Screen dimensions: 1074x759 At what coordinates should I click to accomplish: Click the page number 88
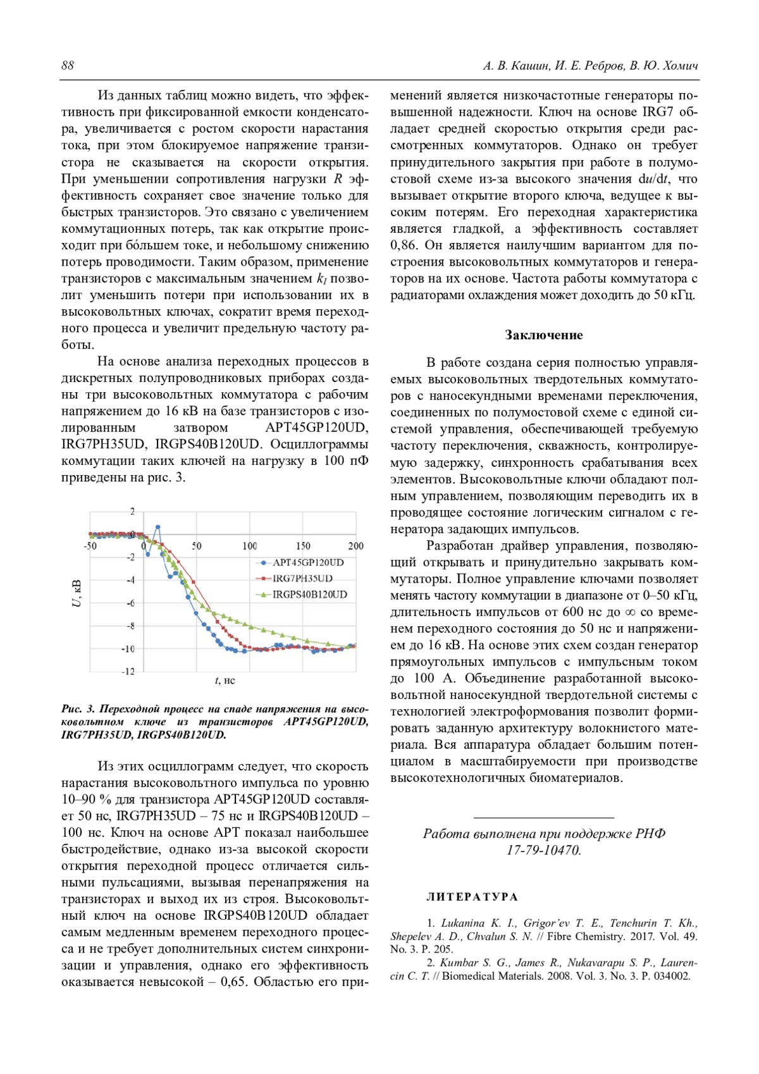pos(68,66)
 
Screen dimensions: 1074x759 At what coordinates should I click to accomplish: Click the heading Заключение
pos(543,335)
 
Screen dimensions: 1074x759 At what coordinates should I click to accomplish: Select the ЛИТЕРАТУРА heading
pos(472,897)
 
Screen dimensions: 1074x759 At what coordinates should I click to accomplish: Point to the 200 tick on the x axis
pos(355,546)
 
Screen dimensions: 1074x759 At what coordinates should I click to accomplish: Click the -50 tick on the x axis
pos(90,546)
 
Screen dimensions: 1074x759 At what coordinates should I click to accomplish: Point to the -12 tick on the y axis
pos(128,672)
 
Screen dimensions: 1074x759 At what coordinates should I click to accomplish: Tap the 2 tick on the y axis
pos(132,511)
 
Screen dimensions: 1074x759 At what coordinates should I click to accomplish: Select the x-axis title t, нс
pos(225,681)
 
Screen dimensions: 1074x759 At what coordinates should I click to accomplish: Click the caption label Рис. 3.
pos(78,709)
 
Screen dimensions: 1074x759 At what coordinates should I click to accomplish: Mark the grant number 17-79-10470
pos(543,850)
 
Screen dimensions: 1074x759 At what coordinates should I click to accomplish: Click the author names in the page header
pos(590,66)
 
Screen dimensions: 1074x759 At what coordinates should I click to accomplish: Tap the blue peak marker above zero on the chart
pos(157,527)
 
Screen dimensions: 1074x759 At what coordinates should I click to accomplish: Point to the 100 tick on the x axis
pos(250,546)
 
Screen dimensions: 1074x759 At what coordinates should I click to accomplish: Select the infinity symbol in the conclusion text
pos(629,612)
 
